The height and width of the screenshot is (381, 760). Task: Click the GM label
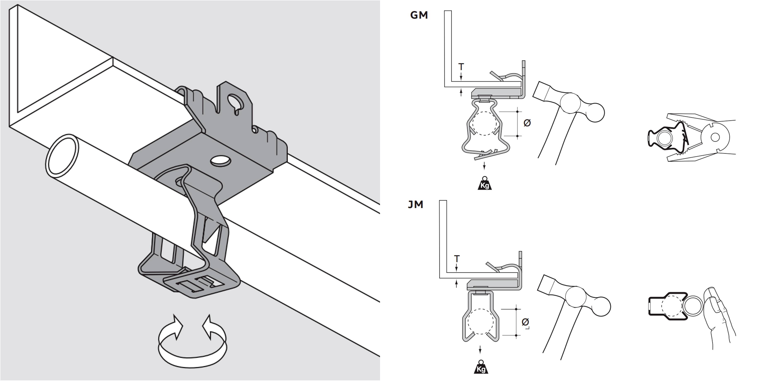[419, 15]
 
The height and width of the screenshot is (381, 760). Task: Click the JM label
[415, 204]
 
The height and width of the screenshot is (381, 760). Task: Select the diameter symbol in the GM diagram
[527, 123]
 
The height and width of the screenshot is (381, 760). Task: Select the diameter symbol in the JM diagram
[525, 322]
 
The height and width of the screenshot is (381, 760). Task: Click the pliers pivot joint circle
[715, 137]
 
